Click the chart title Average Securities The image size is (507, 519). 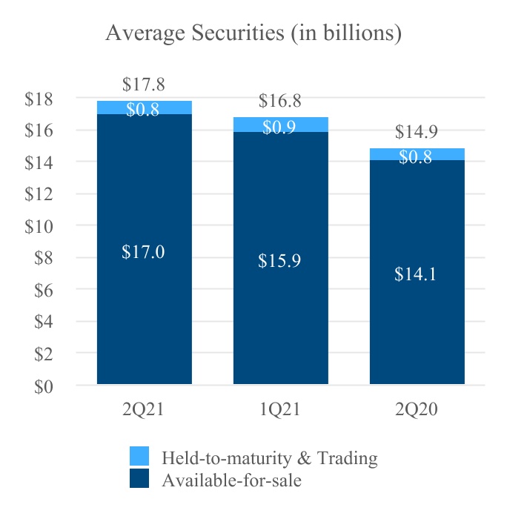point(253,33)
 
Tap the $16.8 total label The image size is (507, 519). point(280,102)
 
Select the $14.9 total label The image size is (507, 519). point(417,133)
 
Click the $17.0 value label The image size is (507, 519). point(143,252)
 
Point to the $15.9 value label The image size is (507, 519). point(279,261)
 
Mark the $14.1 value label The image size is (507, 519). point(416,274)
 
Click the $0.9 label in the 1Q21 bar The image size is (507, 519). point(279,128)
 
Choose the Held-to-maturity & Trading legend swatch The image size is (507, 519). point(139,456)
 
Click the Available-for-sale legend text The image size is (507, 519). point(231,480)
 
